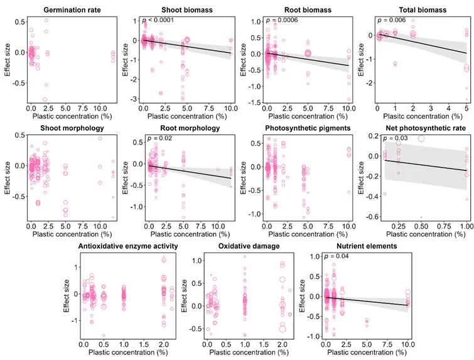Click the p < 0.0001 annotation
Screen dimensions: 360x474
(x=160, y=20)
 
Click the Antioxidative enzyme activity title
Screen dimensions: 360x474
(x=126, y=246)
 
